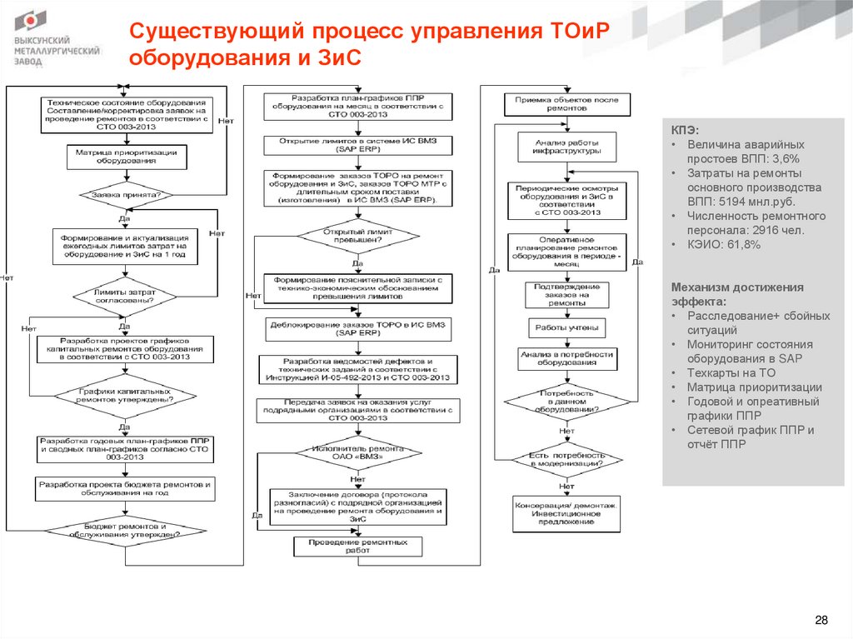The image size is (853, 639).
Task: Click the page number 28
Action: [821, 621]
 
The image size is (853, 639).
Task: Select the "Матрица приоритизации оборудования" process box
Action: [125, 157]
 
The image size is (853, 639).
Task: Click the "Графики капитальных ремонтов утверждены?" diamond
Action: [125, 394]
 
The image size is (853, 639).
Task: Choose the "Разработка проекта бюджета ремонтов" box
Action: [125, 487]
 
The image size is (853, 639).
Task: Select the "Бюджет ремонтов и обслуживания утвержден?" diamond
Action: [125, 531]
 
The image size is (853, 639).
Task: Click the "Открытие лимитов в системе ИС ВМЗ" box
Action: [358, 145]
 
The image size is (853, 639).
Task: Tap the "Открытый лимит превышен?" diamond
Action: [357, 235]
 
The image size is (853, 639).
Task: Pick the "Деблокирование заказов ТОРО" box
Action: [358, 327]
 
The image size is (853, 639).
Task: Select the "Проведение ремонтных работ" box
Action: [357, 547]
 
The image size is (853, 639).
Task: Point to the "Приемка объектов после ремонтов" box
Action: [567, 104]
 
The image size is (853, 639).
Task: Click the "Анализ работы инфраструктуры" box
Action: [567, 147]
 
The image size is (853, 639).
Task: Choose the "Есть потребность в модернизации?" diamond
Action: [567, 460]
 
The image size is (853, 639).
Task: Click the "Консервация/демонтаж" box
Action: [566, 513]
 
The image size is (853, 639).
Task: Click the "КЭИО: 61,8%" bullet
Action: [722, 245]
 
